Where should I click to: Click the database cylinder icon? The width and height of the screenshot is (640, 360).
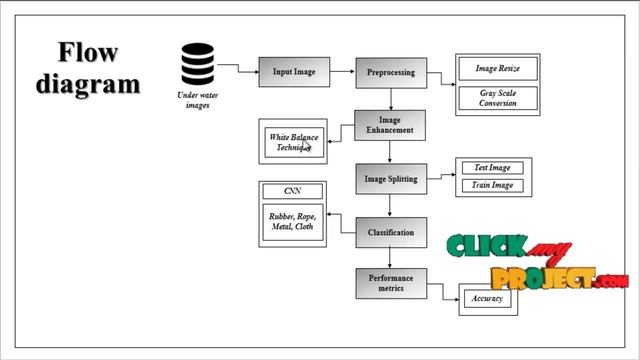[x=197, y=65]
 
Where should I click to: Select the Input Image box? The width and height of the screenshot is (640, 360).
[x=294, y=72]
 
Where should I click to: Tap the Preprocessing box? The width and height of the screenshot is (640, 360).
[x=391, y=72]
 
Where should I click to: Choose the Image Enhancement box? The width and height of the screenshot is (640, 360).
[x=391, y=125]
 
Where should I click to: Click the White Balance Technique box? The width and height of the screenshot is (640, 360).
[x=294, y=142]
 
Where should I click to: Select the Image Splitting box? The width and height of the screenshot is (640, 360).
[x=391, y=179]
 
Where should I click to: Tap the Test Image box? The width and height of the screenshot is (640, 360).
[x=492, y=168]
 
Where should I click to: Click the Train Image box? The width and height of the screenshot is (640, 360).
[x=492, y=185]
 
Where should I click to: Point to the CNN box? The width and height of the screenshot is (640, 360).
[x=292, y=191]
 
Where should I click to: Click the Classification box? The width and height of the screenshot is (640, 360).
[x=391, y=233]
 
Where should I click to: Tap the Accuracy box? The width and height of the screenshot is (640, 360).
[x=487, y=298]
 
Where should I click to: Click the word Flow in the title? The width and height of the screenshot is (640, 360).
[x=88, y=52]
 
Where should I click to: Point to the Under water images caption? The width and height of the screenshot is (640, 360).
[x=197, y=100]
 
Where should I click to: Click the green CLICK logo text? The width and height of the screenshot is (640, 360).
[x=487, y=247]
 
